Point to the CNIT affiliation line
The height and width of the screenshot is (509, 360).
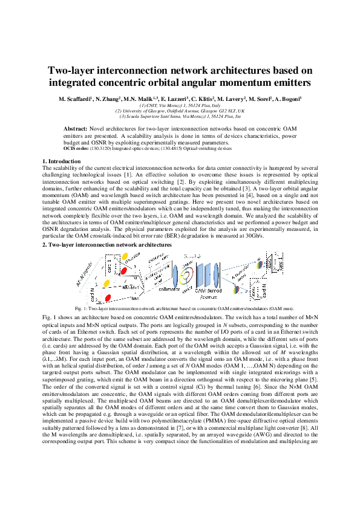[180, 105]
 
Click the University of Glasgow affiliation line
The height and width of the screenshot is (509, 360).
[180, 111]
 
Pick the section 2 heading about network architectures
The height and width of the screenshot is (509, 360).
[106, 244]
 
